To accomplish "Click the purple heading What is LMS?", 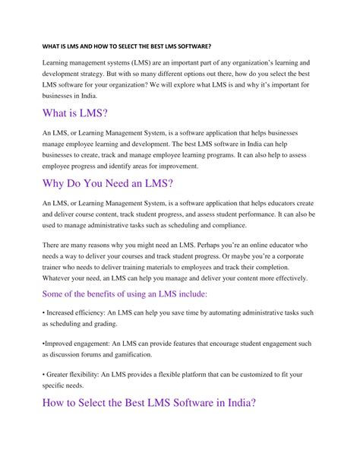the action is click(x=74, y=114).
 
